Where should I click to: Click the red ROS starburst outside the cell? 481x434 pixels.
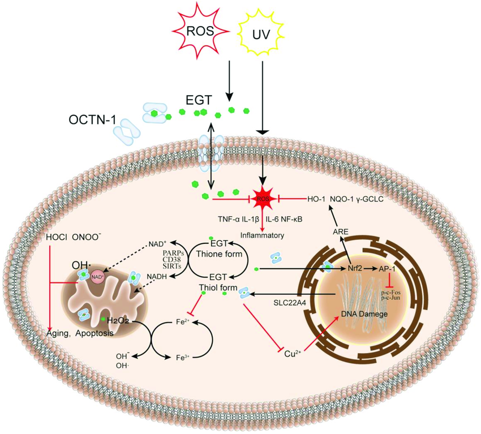(x=201, y=30)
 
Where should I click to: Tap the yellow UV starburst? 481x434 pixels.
(x=261, y=35)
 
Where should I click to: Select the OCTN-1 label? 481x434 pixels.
(x=92, y=119)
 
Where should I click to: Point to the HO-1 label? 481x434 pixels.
(x=316, y=199)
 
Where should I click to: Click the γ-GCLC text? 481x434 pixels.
(x=370, y=199)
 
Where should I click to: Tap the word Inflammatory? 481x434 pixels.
(x=262, y=235)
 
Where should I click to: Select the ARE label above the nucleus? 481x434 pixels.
(x=341, y=231)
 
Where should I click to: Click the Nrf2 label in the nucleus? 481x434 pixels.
(x=355, y=268)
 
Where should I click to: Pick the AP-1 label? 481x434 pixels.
(x=387, y=269)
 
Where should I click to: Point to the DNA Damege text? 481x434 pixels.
(x=364, y=314)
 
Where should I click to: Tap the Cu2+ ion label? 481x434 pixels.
(x=293, y=354)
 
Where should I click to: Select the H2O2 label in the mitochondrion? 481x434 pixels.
(x=118, y=321)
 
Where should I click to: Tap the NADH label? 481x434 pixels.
(x=156, y=276)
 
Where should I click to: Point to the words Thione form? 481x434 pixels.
(x=219, y=254)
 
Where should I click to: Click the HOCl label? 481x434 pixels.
(x=57, y=238)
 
